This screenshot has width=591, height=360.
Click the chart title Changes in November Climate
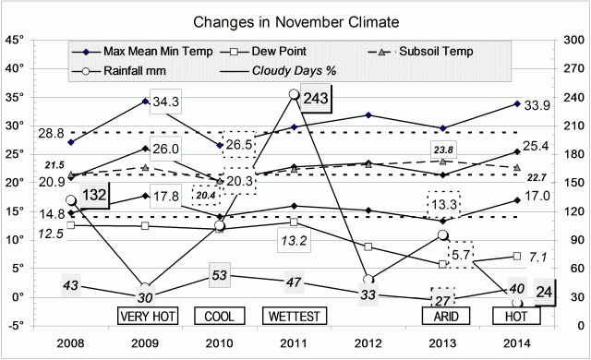295,20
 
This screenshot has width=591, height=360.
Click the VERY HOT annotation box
147,317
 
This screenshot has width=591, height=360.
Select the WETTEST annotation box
294,317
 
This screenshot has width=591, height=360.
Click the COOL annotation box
220,317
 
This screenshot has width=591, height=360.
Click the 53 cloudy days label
220,276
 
